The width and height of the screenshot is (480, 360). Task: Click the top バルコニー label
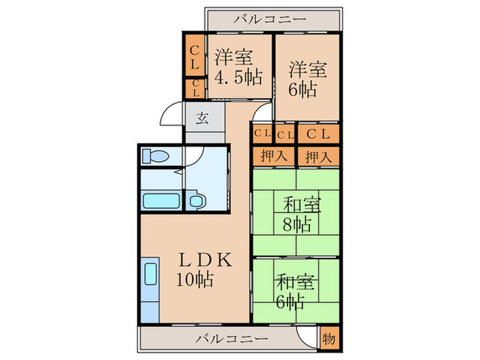[269, 19]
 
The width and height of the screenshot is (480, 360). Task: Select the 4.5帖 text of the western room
[237, 76]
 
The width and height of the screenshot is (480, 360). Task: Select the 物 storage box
[329, 339]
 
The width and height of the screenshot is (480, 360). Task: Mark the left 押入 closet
[273, 156]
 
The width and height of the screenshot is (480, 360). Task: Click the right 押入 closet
[318, 156]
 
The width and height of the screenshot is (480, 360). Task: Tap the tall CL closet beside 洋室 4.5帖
[194, 58]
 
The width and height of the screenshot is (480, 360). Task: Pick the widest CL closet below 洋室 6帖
[318, 134]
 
